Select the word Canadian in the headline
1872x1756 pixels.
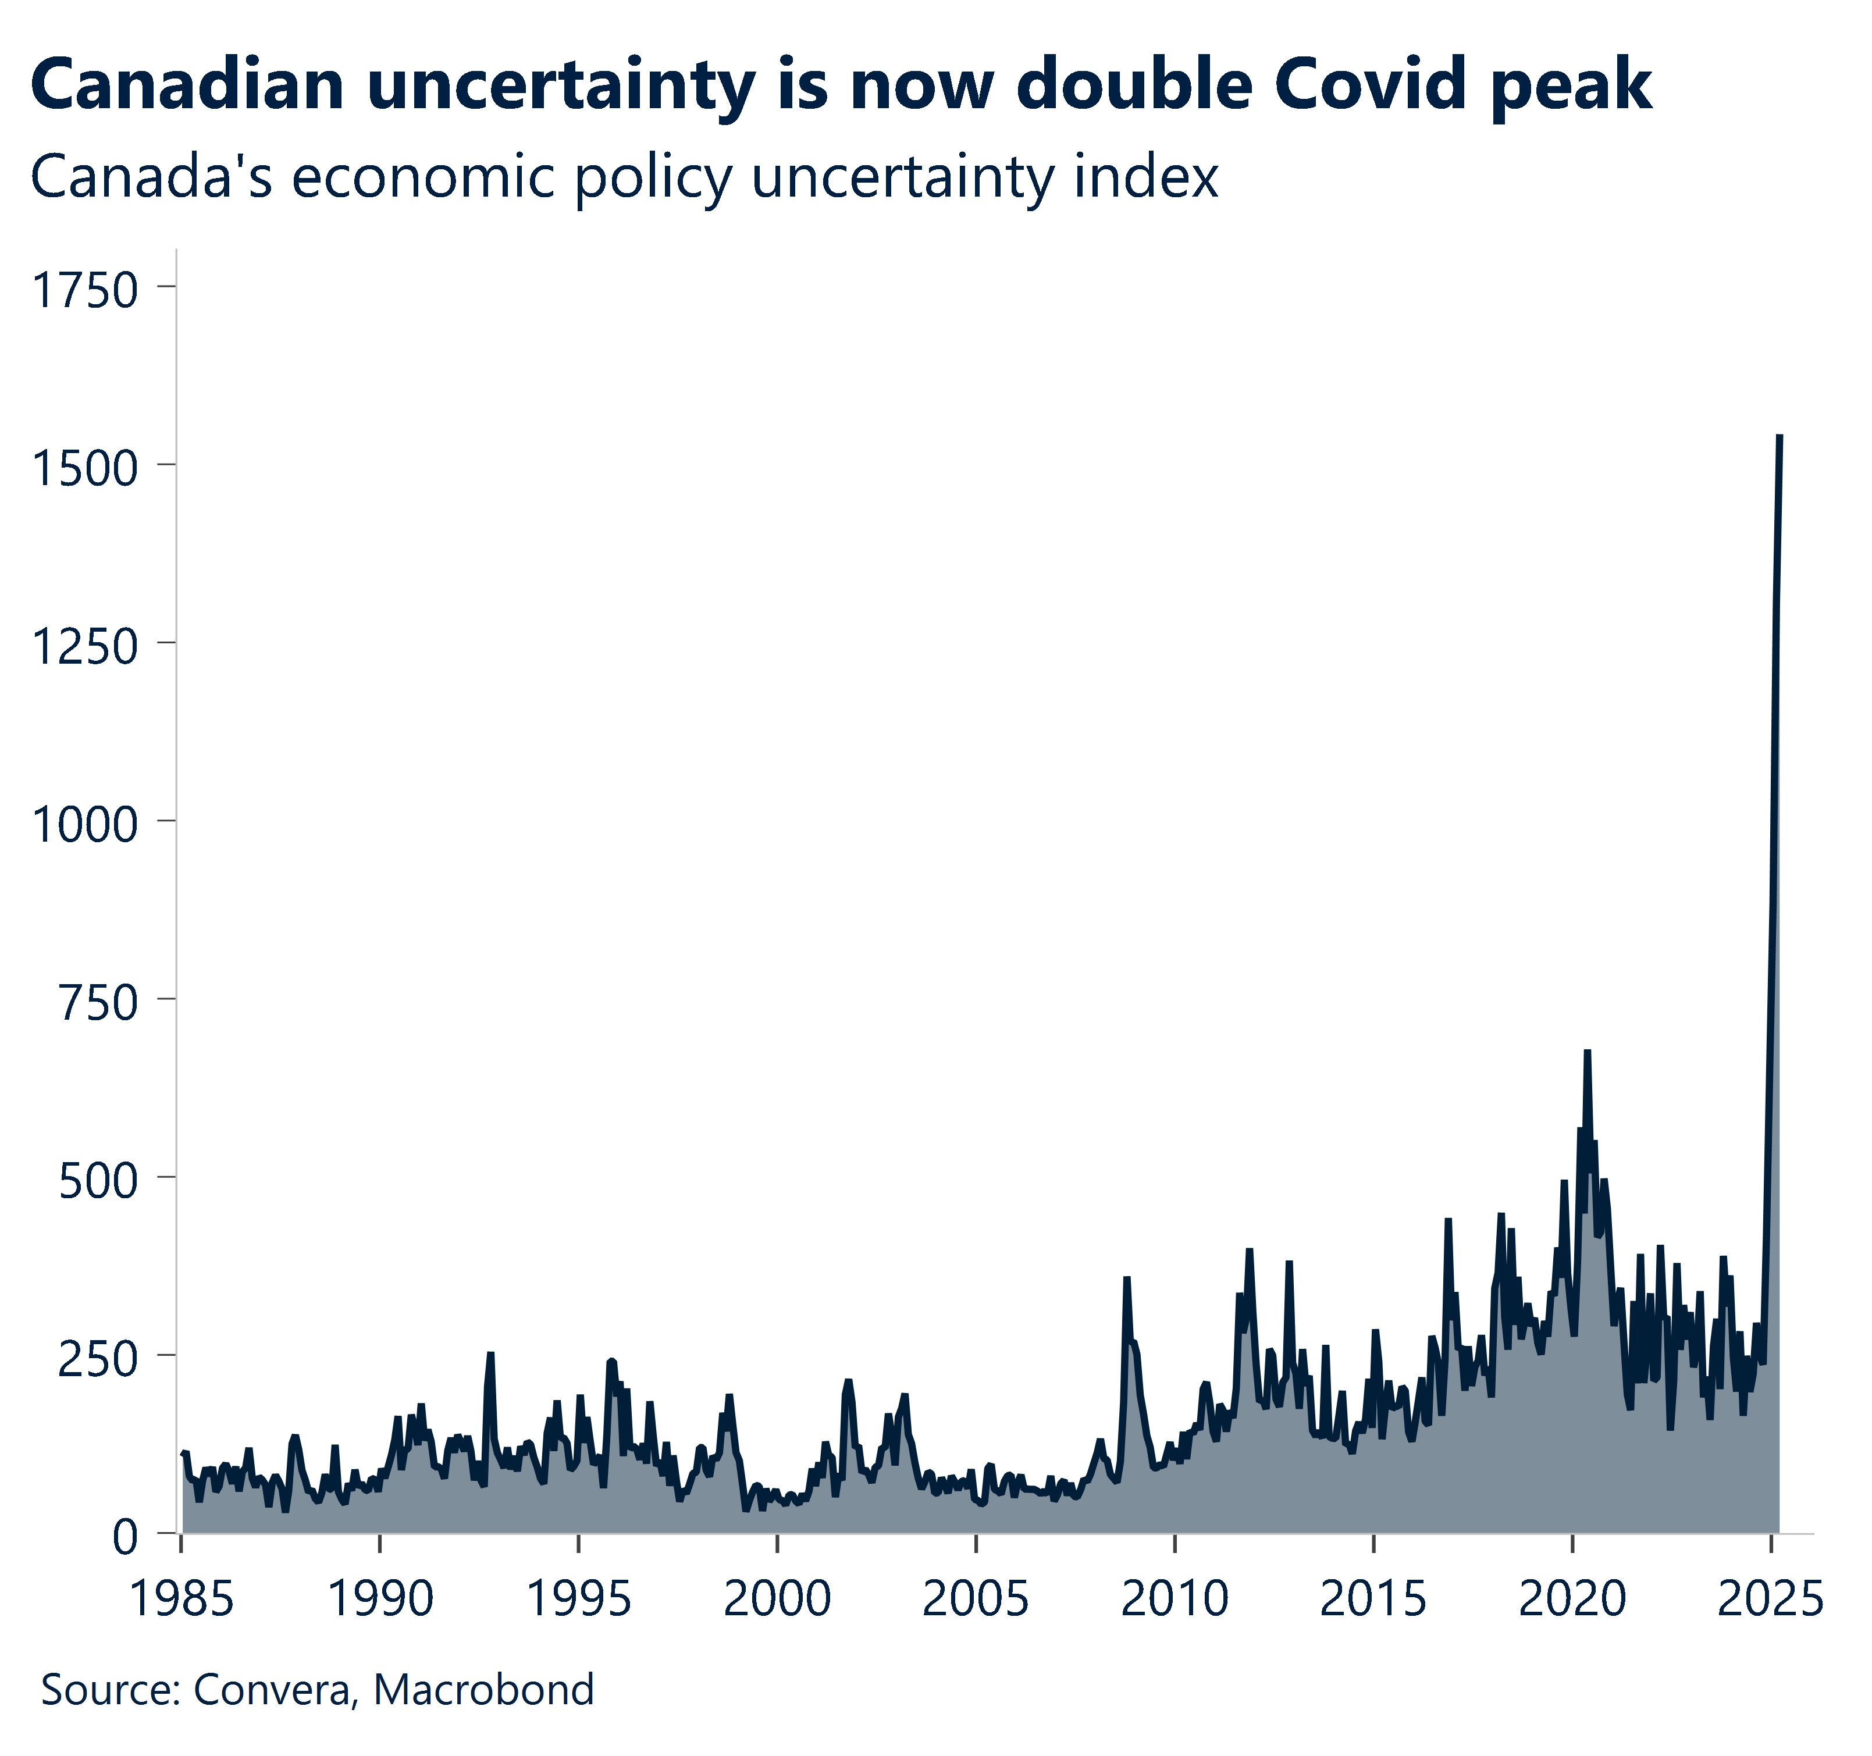(x=187, y=85)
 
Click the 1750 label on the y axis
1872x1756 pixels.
(x=85, y=290)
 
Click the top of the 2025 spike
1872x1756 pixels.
(x=1780, y=437)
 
